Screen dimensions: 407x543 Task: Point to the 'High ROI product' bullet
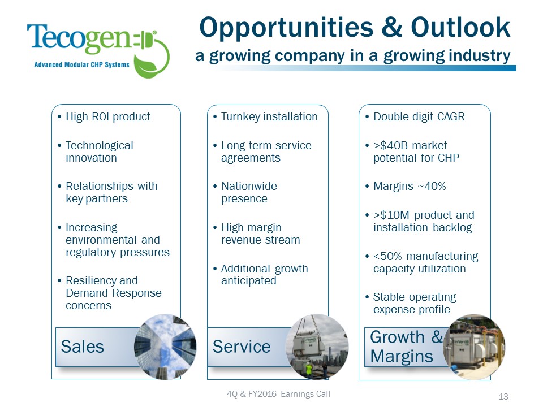[x=107, y=117]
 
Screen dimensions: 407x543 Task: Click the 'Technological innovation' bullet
[x=99, y=151]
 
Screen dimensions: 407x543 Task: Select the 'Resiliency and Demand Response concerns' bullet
[x=113, y=293]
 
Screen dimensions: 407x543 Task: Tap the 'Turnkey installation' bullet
[x=269, y=117]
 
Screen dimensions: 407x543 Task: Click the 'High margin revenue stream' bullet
[x=260, y=233]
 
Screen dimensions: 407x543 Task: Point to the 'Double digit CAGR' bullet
[x=419, y=117]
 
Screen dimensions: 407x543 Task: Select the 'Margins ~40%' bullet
[x=410, y=187]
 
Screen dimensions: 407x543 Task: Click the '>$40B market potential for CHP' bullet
[x=416, y=151]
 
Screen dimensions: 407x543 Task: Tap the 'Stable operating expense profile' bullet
[x=414, y=303]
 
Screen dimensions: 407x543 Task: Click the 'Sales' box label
[x=83, y=346]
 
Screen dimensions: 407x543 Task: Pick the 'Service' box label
[x=242, y=346]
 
